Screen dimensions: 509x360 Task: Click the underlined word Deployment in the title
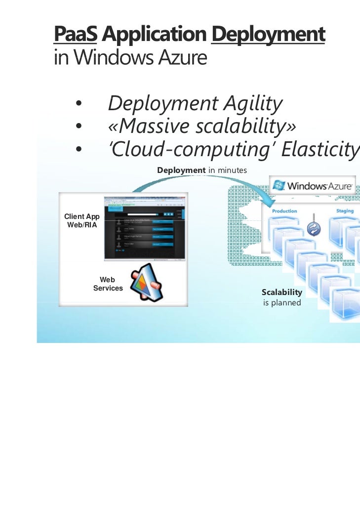(268, 35)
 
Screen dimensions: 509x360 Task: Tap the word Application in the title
(154, 35)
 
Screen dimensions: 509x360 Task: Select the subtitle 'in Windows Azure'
(129, 59)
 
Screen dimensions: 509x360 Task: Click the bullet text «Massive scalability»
(202, 127)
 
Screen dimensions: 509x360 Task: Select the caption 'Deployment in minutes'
(201, 170)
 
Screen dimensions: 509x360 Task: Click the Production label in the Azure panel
(284, 211)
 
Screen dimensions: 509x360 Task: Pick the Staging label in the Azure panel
(345, 211)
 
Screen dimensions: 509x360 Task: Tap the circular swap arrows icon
(314, 228)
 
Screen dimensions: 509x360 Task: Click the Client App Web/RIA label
(82, 221)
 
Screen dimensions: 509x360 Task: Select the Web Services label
(108, 284)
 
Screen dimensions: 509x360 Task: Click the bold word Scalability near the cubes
(281, 293)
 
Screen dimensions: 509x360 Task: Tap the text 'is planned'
(282, 302)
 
